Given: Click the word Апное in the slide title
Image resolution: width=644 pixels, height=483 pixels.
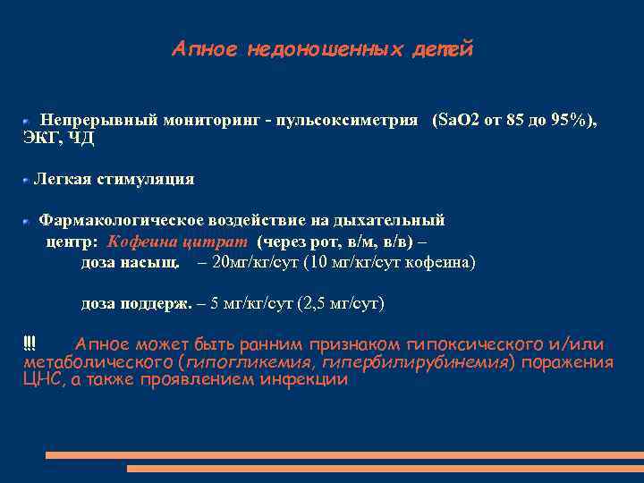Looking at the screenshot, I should pos(203,49).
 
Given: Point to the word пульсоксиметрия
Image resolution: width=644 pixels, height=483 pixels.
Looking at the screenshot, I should pos(350,119).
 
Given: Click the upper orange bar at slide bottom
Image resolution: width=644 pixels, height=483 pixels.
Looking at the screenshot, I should pos(343,455).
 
